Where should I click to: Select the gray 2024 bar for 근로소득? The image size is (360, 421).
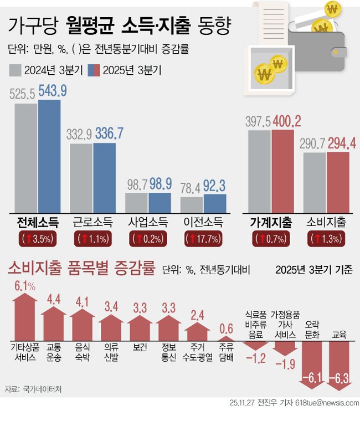click(81, 178)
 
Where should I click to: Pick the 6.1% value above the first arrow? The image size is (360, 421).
click(24, 286)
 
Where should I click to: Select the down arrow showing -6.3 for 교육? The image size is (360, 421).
click(340, 363)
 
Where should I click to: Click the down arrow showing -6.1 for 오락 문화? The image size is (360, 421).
click(312, 363)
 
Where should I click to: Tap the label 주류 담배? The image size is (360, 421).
click(226, 352)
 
